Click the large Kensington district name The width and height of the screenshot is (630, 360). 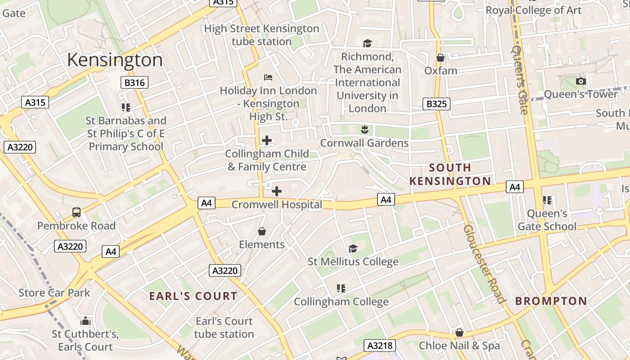115,60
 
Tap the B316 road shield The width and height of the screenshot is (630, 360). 134,82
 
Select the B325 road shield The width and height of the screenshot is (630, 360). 436,104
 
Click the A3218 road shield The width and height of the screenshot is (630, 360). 380,346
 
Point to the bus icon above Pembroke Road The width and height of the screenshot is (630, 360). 76,212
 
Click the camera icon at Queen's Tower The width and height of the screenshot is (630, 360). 581,81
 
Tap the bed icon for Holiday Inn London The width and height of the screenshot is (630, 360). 268,77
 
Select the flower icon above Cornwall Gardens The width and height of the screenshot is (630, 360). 364,130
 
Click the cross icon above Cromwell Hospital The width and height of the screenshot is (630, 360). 277,192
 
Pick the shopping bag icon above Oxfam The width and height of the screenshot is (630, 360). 441,58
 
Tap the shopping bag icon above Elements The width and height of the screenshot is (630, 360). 262,231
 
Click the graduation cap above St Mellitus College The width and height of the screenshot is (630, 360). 353,248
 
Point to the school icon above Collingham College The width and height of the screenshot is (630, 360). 341,288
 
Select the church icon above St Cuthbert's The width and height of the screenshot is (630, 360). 85,321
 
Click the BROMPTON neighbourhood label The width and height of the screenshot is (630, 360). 551,301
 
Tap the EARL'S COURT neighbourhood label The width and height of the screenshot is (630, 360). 193,296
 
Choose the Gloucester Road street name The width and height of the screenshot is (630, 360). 483,264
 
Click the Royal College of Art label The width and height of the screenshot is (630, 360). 534,10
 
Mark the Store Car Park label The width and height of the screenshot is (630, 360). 54,293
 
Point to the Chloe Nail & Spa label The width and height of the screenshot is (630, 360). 459,346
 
